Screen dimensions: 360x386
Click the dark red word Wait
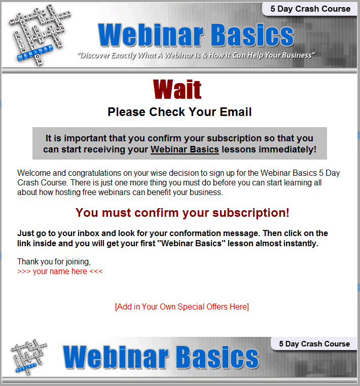point(177,89)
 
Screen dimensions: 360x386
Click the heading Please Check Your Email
point(179,112)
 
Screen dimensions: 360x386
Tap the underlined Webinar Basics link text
point(185,149)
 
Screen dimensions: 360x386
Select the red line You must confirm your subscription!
point(182,213)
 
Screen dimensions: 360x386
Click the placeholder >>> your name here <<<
point(60,272)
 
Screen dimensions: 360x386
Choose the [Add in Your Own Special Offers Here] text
point(182,307)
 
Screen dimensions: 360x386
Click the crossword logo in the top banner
point(40,34)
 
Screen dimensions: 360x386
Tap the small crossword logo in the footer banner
point(29,357)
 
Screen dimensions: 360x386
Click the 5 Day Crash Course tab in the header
point(310,9)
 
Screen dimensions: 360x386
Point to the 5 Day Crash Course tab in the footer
point(314,343)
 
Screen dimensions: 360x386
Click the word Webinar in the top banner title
point(151,35)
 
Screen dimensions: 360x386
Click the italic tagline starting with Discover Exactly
point(196,55)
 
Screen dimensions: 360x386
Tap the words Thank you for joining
point(54,261)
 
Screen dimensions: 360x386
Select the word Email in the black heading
point(236,112)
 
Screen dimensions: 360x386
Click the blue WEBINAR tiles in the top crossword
point(35,53)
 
